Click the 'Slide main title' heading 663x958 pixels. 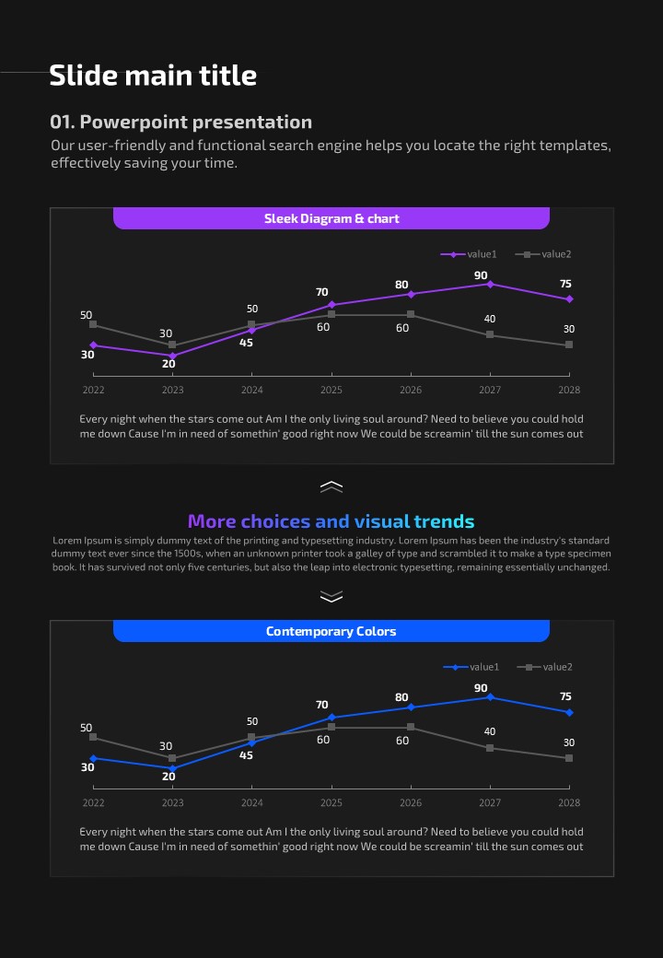[153, 76]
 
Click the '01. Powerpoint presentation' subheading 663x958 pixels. [180, 122]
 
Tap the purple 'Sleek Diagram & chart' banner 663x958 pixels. [331, 218]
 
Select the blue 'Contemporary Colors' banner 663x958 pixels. [331, 631]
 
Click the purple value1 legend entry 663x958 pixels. [469, 254]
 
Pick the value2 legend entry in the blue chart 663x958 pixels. [545, 667]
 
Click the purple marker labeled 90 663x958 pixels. [490, 284]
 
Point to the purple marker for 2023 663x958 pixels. [172, 356]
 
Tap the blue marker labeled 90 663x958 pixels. [490, 696]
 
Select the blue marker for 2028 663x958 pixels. [569, 712]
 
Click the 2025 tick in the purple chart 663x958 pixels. [331, 390]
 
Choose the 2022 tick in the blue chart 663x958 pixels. [93, 802]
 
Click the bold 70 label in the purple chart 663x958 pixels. [322, 292]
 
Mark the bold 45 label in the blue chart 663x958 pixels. [247, 755]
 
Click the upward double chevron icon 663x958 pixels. [331, 486]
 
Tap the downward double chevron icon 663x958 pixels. [331, 597]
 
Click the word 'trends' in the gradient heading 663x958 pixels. [444, 521]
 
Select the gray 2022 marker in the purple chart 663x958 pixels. [93, 324]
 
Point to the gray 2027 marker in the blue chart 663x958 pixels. [490, 748]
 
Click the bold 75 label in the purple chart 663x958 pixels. [565, 284]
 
